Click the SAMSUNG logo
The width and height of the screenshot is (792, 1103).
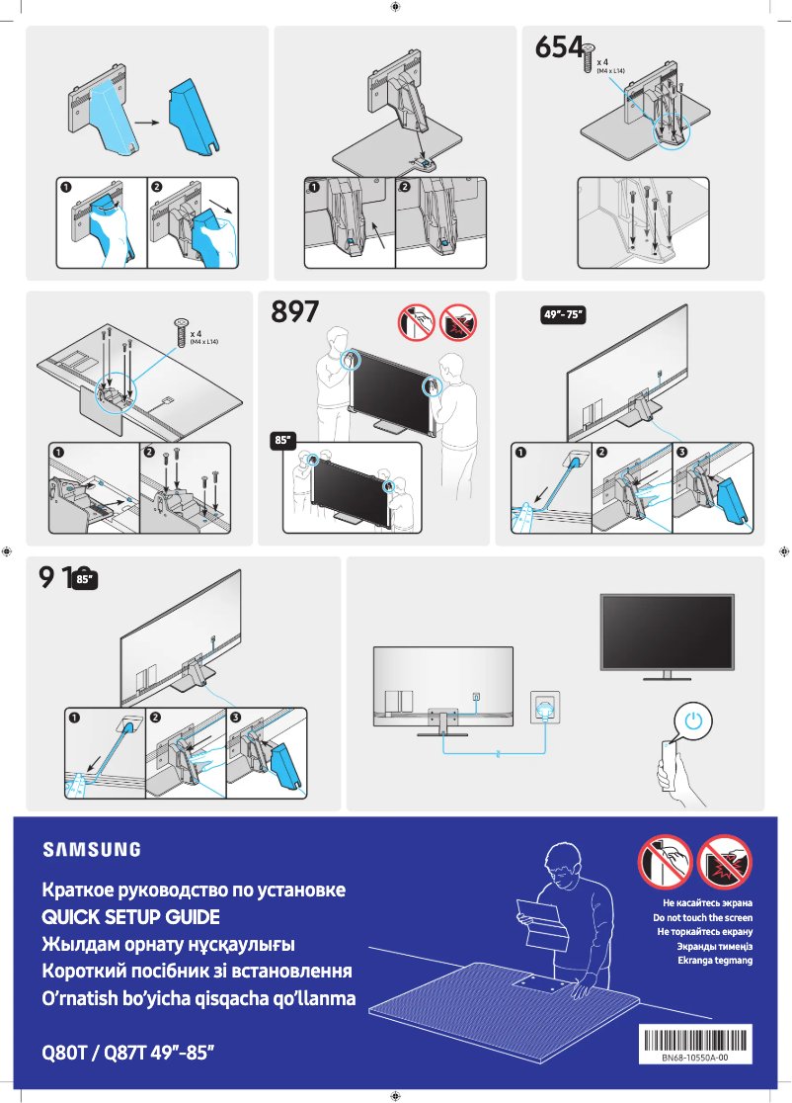click(x=91, y=849)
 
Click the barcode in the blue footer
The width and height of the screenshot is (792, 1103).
click(x=695, y=1039)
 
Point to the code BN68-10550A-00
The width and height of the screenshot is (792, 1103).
click(x=695, y=1058)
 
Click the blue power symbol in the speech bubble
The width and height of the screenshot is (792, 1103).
click(x=695, y=721)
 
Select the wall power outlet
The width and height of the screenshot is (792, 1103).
click(x=545, y=706)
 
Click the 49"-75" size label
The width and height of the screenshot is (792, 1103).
click(x=564, y=314)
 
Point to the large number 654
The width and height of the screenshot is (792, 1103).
click(x=557, y=47)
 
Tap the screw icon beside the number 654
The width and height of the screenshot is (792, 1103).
click(x=589, y=57)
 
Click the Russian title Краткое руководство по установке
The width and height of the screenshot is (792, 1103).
click(x=194, y=890)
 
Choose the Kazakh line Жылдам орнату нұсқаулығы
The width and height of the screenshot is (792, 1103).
click(x=168, y=944)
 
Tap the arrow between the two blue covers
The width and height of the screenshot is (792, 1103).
click(x=148, y=124)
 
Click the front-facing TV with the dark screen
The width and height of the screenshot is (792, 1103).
click(x=669, y=633)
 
